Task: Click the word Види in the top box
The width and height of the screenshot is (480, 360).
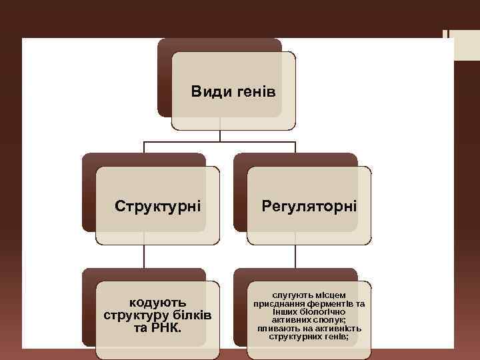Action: click(209, 91)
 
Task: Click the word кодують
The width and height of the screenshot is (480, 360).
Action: click(158, 303)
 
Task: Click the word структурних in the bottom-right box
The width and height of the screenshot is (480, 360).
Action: click(295, 337)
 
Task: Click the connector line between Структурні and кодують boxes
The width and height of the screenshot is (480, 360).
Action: click(145, 257)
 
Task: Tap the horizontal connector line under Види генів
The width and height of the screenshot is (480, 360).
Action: click(220, 141)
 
